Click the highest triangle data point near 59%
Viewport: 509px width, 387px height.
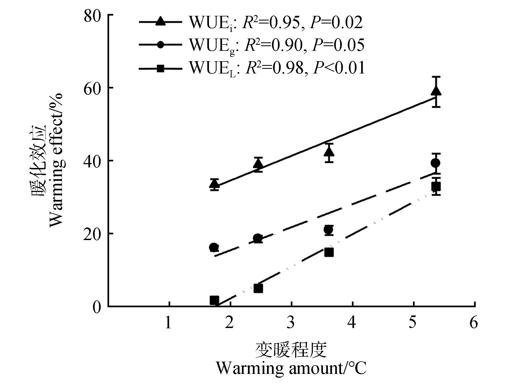(x=436, y=91)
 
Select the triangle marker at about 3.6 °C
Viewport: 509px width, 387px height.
(x=329, y=151)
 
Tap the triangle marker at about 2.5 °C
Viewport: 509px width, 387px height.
(x=258, y=164)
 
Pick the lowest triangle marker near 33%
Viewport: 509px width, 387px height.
(x=214, y=184)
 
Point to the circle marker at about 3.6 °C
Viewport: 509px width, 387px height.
(x=328, y=230)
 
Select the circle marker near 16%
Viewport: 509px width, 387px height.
(x=214, y=247)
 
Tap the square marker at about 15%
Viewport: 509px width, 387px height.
(x=329, y=252)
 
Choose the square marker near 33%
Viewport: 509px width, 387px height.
(x=436, y=187)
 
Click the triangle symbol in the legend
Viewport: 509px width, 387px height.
(x=160, y=22)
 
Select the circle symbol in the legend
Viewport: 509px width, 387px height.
(x=160, y=45)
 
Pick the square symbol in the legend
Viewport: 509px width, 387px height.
(x=160, y=68)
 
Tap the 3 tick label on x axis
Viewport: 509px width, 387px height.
(x=291, y=323)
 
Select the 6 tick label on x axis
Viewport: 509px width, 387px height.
(x=474, y=323)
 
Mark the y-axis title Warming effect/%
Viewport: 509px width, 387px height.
(x=56, y=160)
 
